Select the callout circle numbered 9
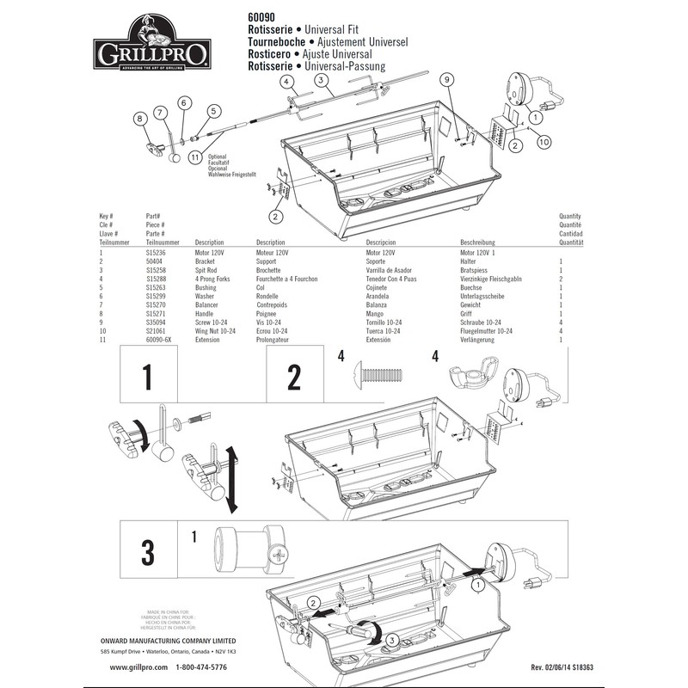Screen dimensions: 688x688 coord(446,80)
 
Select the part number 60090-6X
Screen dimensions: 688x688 coord(159,340)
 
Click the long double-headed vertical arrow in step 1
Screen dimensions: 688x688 coord(231,476)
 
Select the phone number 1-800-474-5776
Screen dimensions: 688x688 coord(201,667)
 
